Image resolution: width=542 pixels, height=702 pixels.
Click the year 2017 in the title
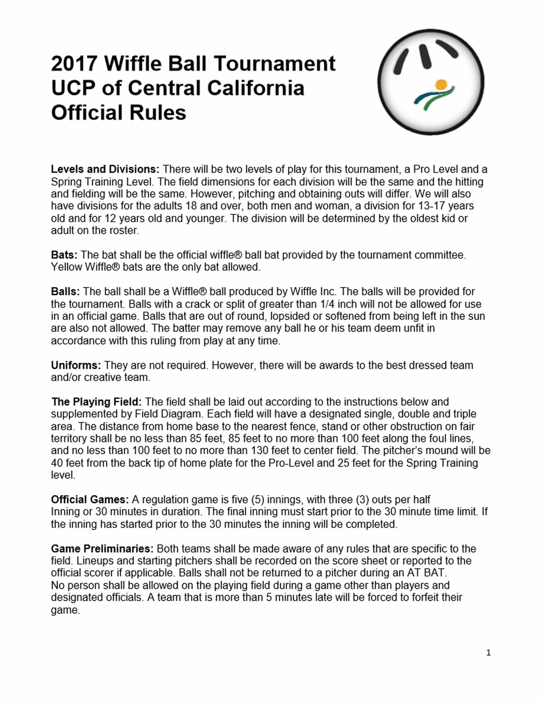click(74, 64)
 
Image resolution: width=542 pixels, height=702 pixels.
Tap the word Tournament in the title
click(274, 64)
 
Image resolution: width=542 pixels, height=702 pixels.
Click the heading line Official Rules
click(118, 113)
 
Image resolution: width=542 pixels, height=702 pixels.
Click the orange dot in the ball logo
click(441, 84)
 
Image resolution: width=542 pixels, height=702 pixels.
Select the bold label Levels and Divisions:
click(105, 169)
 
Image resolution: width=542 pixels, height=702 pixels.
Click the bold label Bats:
click(64, 255)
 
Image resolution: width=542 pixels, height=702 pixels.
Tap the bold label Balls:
click(65, 292)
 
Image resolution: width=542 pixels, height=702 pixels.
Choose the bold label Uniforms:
click(76, 365)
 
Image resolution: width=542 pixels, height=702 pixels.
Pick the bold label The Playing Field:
click(96, 402)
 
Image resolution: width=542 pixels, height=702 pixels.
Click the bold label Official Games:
click(89, 499)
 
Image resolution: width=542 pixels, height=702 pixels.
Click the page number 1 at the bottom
click(488, 653)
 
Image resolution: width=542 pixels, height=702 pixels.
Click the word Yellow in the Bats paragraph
click(66, 267)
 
